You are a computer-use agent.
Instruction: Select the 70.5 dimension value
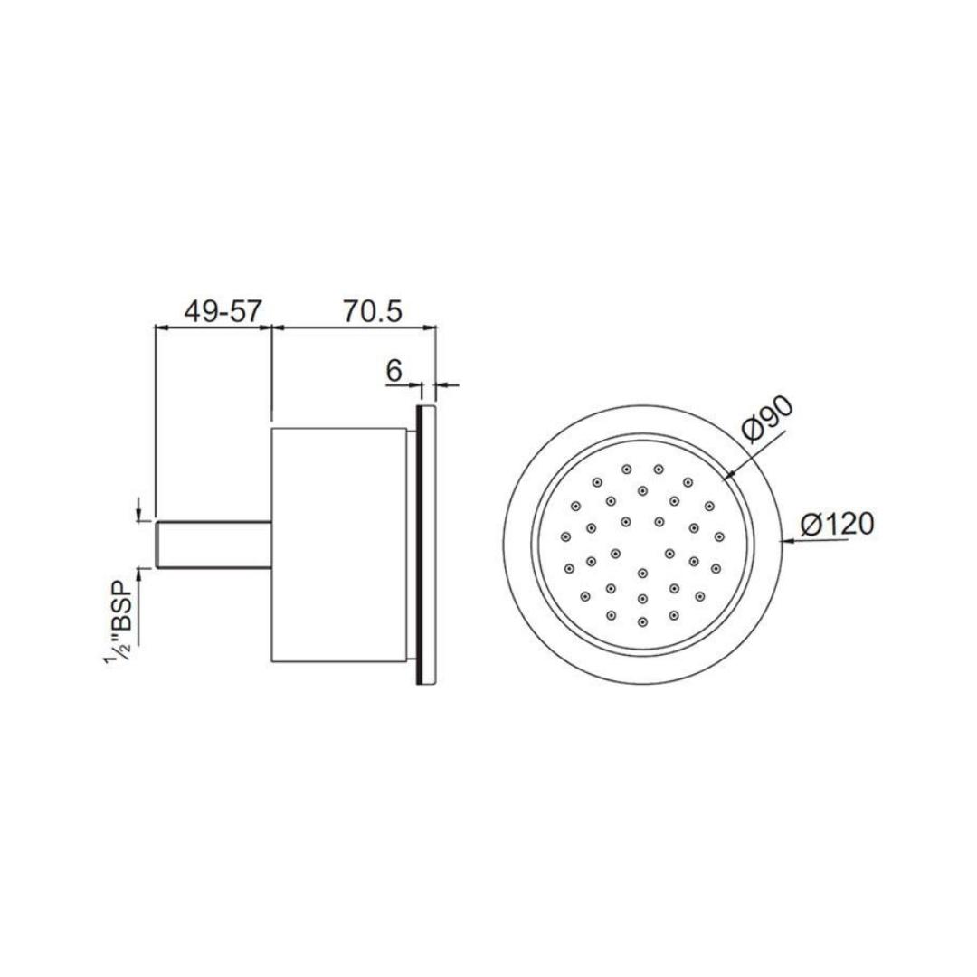(x=371, y=311)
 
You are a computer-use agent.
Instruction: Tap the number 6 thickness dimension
(x=394, y=370)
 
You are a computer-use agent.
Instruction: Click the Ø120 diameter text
(x=838, y=524)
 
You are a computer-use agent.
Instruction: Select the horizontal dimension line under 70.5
(x=355, y=327)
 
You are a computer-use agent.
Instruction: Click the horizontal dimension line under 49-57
(x=214, y=327)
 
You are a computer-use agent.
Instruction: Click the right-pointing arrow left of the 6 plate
(x=414, y=385)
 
